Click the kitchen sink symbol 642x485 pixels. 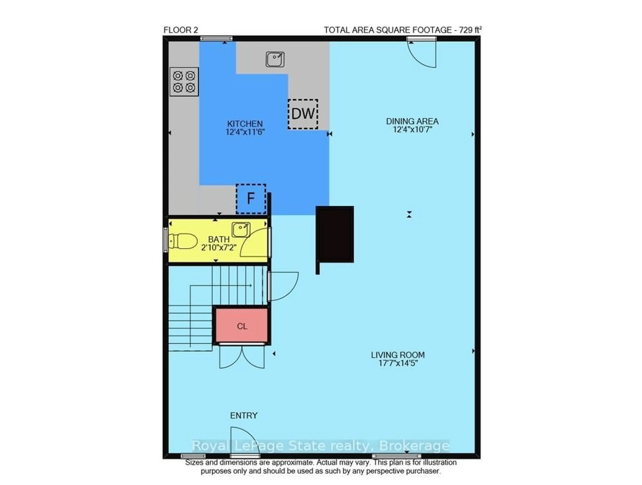click(275, 59)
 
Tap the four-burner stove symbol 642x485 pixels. click(184, 82)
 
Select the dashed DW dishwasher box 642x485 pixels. click(303, 114)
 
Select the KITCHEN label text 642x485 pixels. click(245, 124)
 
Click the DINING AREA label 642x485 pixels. click(412, 121)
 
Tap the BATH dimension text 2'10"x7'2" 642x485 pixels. click(219, 248)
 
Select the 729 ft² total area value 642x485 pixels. click(470, 30)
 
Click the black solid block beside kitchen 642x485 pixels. click(335, 234)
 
